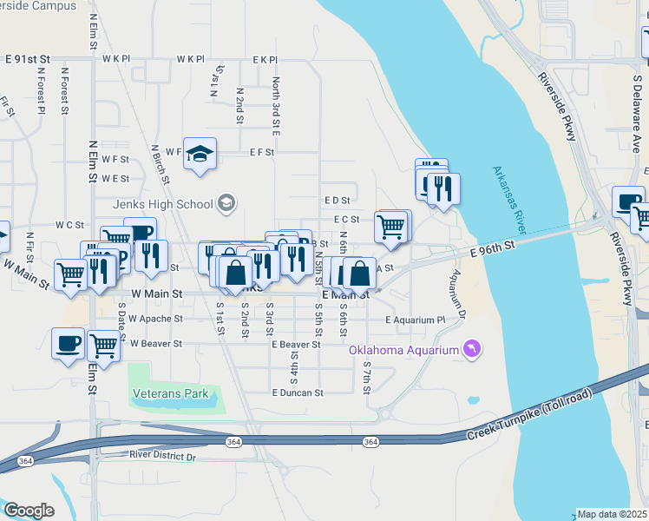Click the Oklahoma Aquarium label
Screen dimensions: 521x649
(x=403, y=351)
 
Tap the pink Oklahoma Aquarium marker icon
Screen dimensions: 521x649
(x=471, y=349)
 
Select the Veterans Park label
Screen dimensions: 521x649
(x=171, y=393)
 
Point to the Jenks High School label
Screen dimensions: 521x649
(x=162, y=204)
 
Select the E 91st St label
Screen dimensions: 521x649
(x=28, y=59)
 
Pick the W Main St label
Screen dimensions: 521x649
(x=157, y=295)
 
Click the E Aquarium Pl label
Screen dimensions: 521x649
(x=416, y=320)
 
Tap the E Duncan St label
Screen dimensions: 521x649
(x=297, y=392)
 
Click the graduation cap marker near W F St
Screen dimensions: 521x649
(x=200, y=153)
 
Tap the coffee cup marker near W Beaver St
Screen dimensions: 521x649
(x=68, y=342)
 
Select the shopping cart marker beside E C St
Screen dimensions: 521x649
(x=391, y=227)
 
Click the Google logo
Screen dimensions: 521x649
(x=29, y=511)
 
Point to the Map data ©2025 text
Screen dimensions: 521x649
(x=612, y=514)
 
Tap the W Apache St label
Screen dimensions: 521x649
(x=155, y=320)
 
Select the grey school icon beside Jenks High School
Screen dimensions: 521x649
(x=226, y=203)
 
